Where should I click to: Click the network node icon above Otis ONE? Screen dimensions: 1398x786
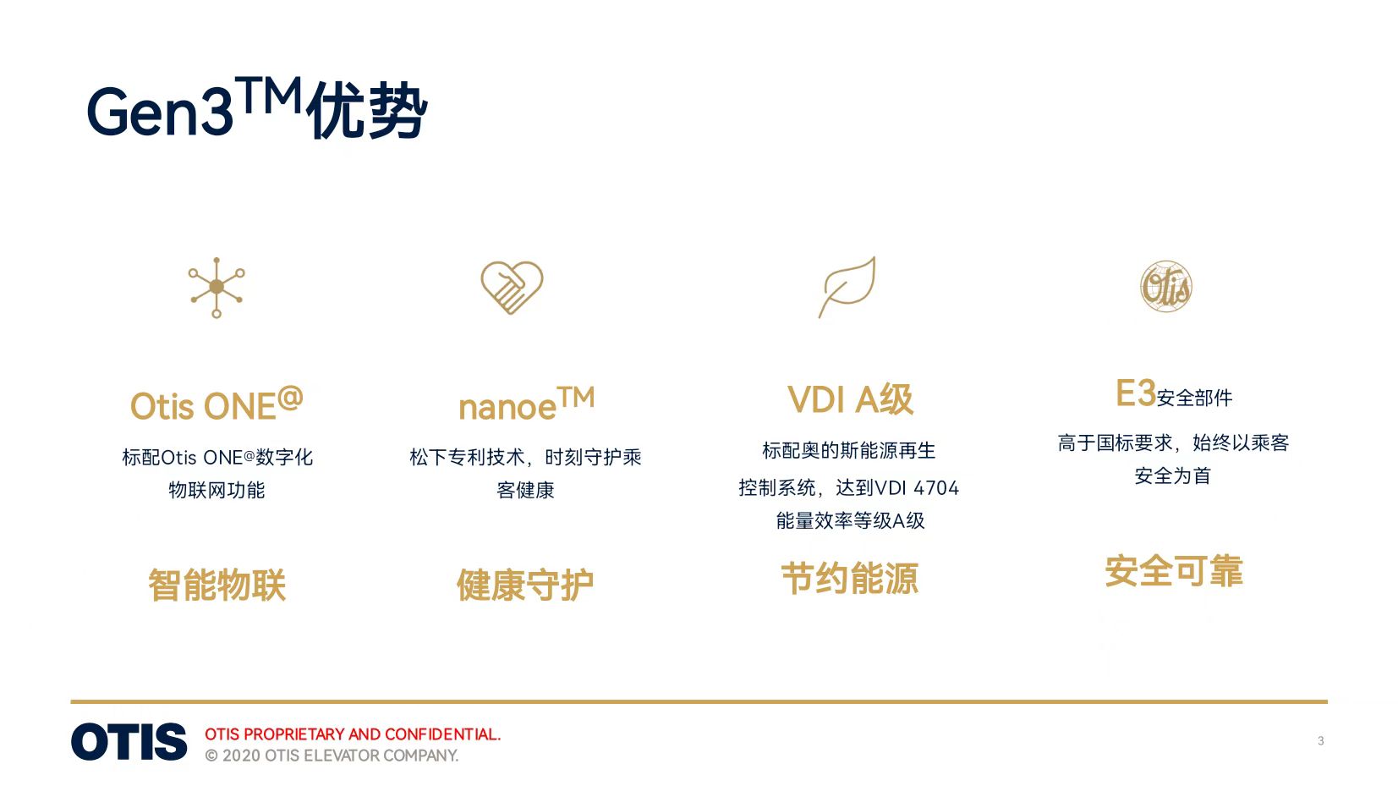pyautogui.click(x=217, y=287)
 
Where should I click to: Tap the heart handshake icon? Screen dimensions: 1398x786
pyautogui.click(x=512, y=287)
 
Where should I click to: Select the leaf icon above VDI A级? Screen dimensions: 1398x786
pyautogui.click(x=847, y=287)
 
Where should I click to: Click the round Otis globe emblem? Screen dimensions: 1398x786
pyautogui.click(x=1165, y=287)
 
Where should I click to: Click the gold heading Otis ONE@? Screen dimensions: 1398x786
pyautogui.click(x=217, y=404)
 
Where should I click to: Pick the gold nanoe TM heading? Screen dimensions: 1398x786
pyautogui.click(x=526, y=404)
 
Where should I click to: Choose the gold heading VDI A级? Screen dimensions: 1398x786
pyautogui.click(x=850, y=399)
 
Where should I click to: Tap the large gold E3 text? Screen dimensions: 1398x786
pyautogui.click(x=1135, y=393)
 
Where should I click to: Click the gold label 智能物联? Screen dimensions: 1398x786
pyautogui.click(x=217, y=585)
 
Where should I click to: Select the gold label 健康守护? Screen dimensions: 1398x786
pyautogui.click(x=525, y=585)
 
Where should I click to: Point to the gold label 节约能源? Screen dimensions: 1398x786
pyautogui.click(x=849, y=579)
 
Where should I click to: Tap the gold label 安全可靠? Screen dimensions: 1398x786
pyautogui.click(x=1173, y=571)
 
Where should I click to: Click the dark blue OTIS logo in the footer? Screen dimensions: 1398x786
pyautogui.click(x=129, y=742)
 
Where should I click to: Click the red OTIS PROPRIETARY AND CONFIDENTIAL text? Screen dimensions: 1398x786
pyautogui.click(x=353, y=734)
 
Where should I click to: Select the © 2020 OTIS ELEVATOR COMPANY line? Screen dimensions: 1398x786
pyautogui.click(x=332, y=756)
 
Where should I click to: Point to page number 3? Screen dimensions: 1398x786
pyautogui.click(x=1320, y=741)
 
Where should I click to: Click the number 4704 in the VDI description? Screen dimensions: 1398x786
pyautogui.click(x=935, y=487)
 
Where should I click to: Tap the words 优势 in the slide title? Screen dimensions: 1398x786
pyautogui.click(x=367, y=111)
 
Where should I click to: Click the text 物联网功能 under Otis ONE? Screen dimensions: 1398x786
pyautogui.click(x=217, y=490)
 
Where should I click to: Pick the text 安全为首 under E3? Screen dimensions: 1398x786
pyautogui.click(x=1173, y=475)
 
